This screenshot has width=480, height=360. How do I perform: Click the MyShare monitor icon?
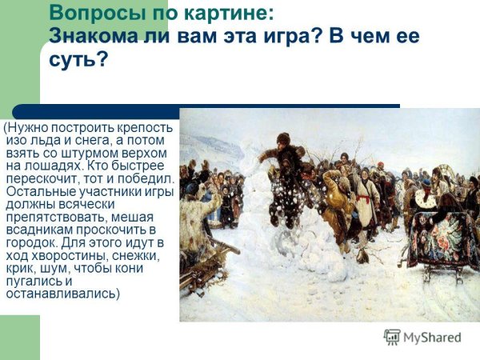(x=391, y=338)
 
